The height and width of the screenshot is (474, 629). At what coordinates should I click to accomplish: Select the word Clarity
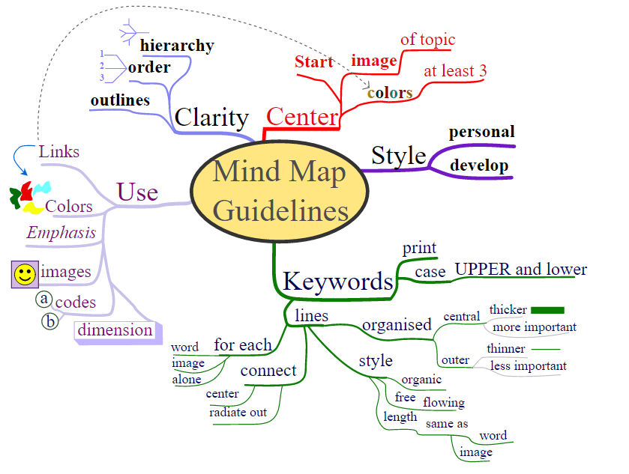211,118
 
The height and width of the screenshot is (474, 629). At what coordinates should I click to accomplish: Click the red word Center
302,117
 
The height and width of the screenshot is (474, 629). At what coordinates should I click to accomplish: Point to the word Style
399,156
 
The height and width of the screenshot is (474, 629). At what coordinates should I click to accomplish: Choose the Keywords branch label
337,282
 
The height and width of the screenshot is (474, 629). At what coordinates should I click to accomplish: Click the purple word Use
137,192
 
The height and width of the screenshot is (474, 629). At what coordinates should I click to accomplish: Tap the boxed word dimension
115,330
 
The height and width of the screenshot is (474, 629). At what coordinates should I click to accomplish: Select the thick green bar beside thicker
547,309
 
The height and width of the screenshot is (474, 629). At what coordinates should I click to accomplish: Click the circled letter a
44,300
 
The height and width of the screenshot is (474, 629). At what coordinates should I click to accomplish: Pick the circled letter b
50,321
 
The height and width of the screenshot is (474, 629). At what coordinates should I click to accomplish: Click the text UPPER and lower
521,270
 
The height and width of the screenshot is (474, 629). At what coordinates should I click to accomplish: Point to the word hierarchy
177,46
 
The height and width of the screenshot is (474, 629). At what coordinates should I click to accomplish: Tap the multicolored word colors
390,93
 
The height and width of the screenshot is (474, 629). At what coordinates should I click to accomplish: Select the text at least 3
455,71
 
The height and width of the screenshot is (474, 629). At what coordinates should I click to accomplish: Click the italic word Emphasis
61,233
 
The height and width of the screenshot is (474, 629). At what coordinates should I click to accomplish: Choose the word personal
481,133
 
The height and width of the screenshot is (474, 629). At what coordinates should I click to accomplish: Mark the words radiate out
238,413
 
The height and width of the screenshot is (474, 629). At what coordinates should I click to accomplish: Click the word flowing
444,403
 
